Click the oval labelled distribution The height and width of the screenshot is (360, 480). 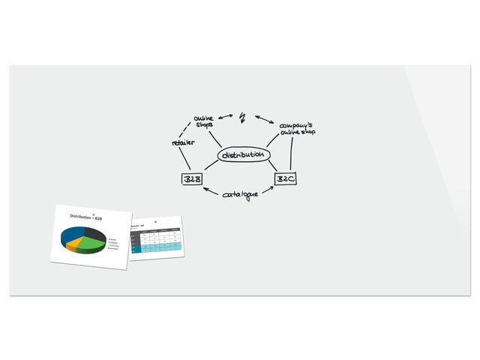point(243,155)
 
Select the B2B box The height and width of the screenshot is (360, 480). point(193,178)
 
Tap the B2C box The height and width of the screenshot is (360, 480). point(286,178)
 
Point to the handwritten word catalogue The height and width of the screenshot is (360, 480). point(241,194)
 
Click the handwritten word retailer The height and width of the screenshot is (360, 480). point(183,142)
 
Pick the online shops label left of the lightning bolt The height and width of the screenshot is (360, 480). point(203,121)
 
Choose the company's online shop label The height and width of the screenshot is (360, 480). point(297,128)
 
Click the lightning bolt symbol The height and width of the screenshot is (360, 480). point(242,118)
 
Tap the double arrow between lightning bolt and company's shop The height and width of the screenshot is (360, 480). point(264,118)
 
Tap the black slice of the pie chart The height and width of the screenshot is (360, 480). point(96,233)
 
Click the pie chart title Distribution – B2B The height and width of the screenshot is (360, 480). point(85,217)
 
